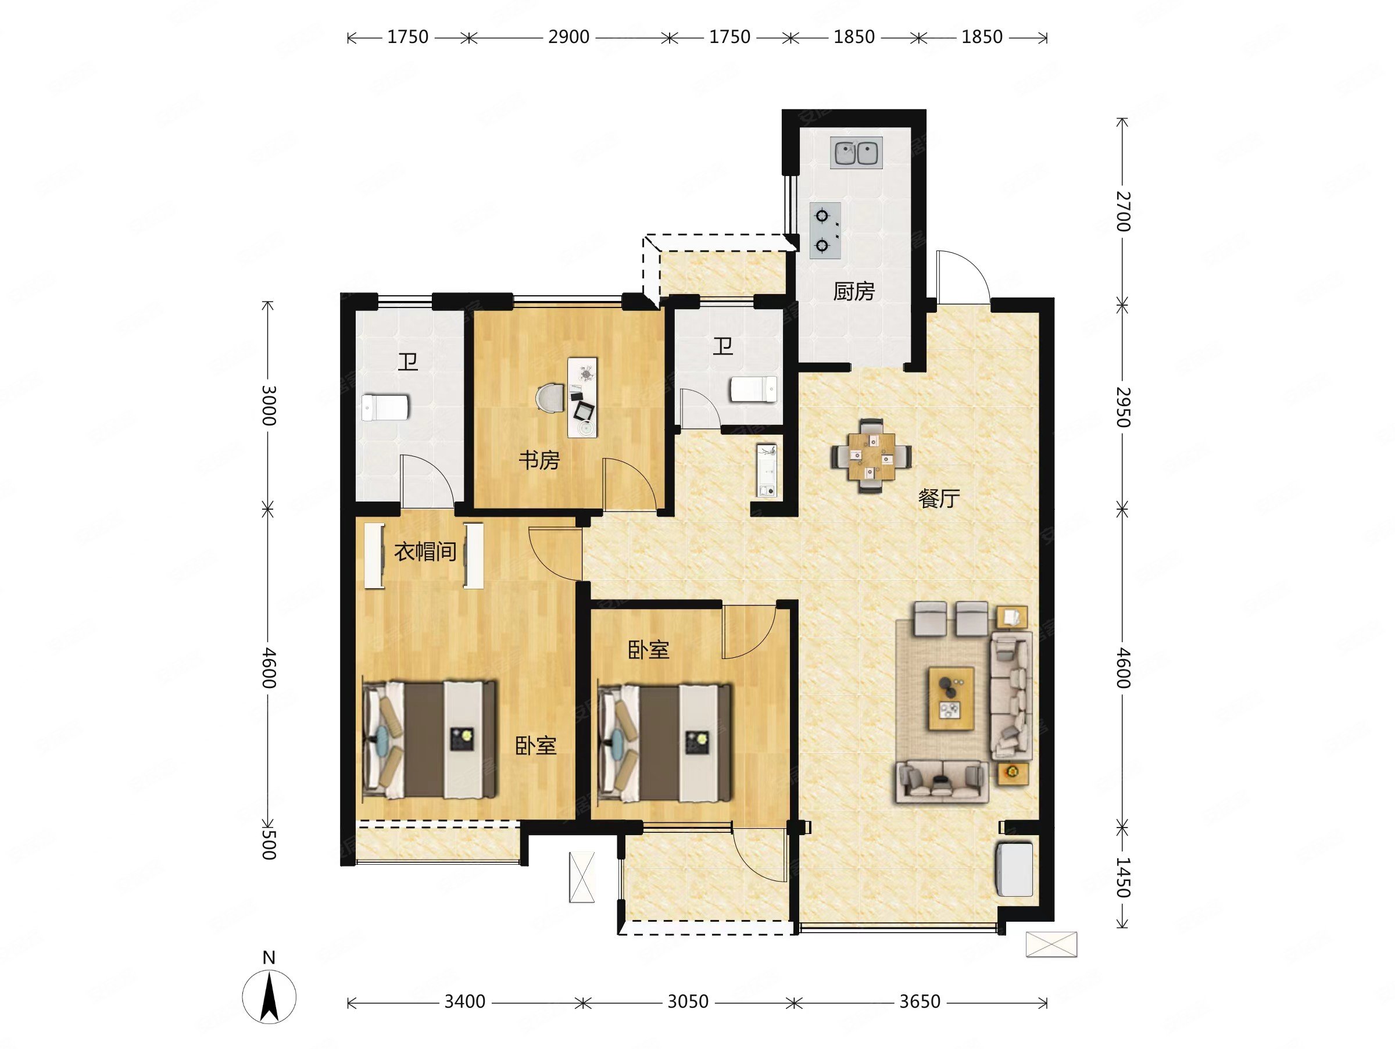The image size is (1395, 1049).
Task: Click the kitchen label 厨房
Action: [x=854, y=292]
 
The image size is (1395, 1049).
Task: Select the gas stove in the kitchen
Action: [x=825, y=231]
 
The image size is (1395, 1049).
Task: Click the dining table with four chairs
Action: [x=871, y=455]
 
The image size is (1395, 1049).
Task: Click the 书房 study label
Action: [x=539, y=460]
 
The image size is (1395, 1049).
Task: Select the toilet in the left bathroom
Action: [x=385, y=408]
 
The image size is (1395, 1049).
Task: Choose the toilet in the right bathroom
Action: [x=754, y=388]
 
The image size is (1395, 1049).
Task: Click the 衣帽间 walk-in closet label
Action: [x=425, y=552]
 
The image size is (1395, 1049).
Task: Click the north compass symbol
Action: [x=269, y=996]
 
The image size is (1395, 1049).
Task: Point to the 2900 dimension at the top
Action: [x=568, y=37]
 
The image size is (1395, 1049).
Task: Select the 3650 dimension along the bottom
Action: [x=920, y=1001]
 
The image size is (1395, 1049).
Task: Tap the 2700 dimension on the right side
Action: [x=1123, y=211]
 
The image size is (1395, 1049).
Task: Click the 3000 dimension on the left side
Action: [x=269, y=405]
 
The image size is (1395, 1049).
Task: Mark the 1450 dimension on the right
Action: [x=1123, y=877]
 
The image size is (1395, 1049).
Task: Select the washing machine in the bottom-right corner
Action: [x=1014, y=869]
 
